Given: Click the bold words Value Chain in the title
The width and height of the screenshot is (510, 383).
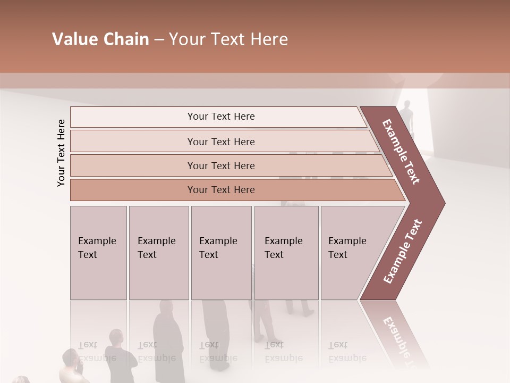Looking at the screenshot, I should pos(100,39).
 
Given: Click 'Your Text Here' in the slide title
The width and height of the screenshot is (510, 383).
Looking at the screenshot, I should pos(228,39).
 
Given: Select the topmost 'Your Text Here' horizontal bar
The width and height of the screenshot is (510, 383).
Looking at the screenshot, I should pos(221,116).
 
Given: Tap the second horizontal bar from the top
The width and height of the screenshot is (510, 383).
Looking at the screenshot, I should pos(221,141).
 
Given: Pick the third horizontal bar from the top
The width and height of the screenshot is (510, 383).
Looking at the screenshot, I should pos(221,165).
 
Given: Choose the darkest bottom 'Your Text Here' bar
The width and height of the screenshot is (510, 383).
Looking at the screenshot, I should pos(221,190).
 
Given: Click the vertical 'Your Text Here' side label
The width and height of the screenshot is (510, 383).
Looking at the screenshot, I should pos(61,153).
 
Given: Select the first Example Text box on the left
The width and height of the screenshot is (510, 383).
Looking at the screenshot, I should pos(98,252).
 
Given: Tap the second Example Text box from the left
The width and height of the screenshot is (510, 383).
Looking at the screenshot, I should pos(158,252).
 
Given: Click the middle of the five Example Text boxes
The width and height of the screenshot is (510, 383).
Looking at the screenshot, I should pos(221,252).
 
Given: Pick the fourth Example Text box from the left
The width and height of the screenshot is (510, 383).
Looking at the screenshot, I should pos(286,252).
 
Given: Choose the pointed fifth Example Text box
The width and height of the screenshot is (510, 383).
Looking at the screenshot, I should pos(351,252).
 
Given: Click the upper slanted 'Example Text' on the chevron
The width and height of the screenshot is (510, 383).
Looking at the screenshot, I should pos(402,152).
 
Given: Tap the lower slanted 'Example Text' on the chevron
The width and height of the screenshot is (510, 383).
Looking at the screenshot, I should pos(402,252).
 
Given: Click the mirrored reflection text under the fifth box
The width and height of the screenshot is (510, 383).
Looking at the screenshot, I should pos(346,351).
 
